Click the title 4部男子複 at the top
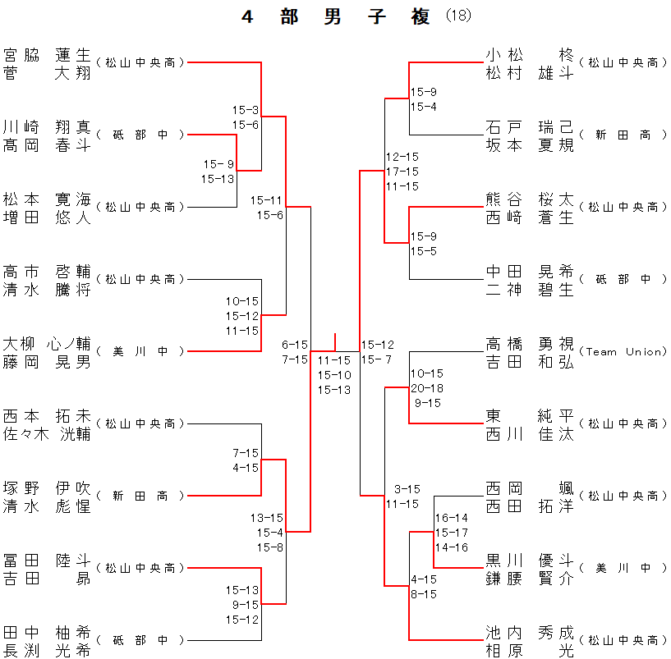[x=336, y=17]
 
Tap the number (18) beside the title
[x=458, y=16]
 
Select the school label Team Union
[x=623, y=351]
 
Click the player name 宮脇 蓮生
[x=47, y=55]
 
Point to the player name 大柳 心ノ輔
[x=47, y=344]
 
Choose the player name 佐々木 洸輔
[x=47, y=434]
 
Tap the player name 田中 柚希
[x=47, y=633]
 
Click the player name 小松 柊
[x=529, y=55]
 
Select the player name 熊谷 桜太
[x=529, y=199]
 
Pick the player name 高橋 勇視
[x=529, y=344]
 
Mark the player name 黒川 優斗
[x=529, y=561]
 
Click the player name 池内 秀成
[x=529, y=633]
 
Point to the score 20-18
[x=426, y=387]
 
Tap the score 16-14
[x=451, y=518]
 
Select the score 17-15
[x=402, y=171]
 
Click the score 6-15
[x=295, y=345]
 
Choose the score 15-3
[x=246, y=109]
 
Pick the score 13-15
[x=267, y=518]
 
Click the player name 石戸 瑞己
[x=529, y=127]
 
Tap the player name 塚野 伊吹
[x=47, y=488]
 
